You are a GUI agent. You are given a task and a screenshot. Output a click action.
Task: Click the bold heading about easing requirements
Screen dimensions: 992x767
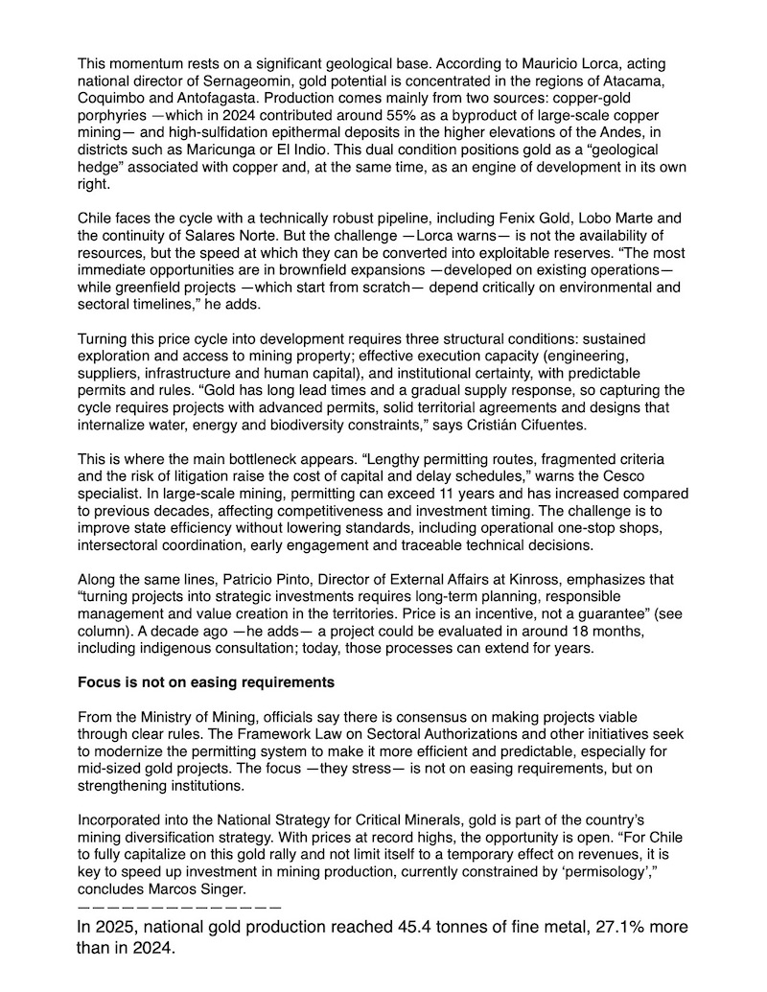coord(206,682)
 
